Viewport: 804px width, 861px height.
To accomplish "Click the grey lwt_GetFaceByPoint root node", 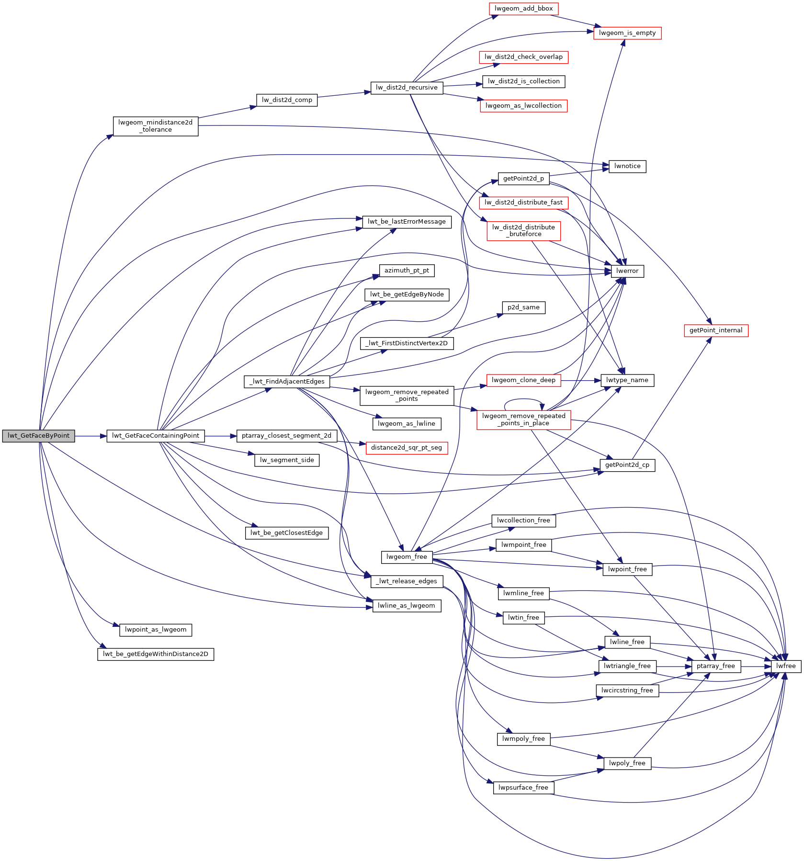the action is (38, 436).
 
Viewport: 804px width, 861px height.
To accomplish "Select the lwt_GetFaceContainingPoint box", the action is (156, 436).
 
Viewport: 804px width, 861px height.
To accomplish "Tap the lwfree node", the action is (786, 666).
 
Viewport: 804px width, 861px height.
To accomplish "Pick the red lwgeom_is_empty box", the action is (627, 33).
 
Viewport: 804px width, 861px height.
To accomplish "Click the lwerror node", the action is (627, 271).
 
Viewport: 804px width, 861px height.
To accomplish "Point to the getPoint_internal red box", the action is (716, 330).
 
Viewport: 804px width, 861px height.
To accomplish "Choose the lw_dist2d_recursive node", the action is (407, 88).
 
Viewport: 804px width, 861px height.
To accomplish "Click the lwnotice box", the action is (627, 166).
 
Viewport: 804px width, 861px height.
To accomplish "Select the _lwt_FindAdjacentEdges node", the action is (287, 382).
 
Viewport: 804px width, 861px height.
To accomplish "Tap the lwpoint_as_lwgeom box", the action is (156, 630).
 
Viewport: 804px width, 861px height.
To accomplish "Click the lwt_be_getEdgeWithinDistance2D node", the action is (156, 654).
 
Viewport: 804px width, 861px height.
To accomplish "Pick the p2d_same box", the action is (523, 307).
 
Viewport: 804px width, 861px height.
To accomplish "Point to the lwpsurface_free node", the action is (523, 788).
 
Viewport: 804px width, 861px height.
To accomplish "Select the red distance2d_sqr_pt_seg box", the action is (407, 448).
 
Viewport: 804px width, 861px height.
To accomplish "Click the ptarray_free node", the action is (716, 666).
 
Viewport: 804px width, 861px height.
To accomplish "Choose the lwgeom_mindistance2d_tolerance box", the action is (156, 126).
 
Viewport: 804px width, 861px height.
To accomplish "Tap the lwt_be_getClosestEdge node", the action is (287, 533).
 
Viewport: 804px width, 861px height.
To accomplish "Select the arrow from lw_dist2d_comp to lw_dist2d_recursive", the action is (344, 94).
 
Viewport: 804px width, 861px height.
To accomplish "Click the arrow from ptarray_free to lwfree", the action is (756, 666).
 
